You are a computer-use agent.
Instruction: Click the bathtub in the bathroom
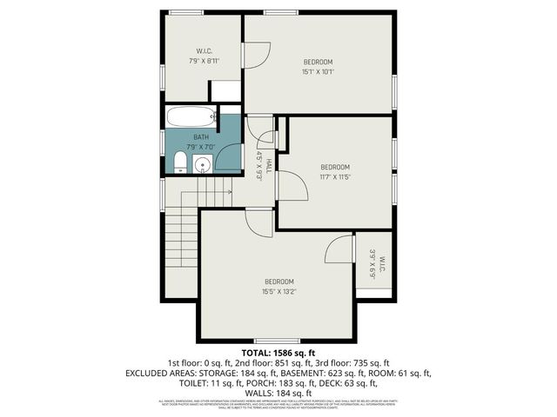[190, 117]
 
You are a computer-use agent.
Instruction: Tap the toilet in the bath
[179, 162]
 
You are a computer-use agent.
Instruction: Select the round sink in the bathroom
[204, 164]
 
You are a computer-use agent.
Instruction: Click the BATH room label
[201, 137]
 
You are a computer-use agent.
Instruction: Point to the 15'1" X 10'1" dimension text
[319, 72]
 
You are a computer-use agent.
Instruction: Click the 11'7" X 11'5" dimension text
[335, 177]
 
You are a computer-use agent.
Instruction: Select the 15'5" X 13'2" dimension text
[279, 293]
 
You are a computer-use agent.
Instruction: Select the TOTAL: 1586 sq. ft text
[278, 354]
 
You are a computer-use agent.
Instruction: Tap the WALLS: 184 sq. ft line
[278, 393]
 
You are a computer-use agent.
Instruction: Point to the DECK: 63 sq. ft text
[364, 383]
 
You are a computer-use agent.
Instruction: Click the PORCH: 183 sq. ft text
[298, 383]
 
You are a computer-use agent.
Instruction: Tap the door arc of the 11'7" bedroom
[292, 185]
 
